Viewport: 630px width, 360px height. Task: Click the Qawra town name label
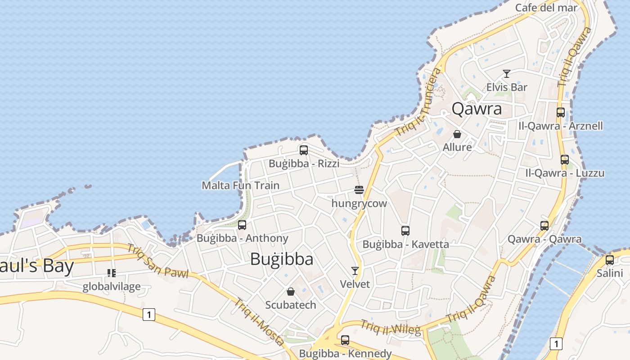click(477, 109)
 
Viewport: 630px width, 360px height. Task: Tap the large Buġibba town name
click(282, 259)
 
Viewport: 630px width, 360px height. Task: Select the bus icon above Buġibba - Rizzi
click(304, 150)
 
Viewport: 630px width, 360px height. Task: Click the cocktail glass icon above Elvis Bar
click(507, 74)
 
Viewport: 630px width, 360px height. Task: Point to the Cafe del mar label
click(546, 8)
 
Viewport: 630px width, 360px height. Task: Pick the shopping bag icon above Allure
click(457, 134)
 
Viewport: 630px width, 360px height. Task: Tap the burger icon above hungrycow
click(359, 190)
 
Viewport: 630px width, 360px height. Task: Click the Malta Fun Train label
click(240, 185)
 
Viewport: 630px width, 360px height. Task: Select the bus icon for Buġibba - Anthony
click(242, 225)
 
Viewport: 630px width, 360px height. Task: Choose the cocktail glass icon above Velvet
click(355, 271)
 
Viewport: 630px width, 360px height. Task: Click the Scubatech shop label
click(291, 305)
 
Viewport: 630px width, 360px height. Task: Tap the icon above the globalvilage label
click(111, 273)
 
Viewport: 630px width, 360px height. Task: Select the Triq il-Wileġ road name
click(391, 328)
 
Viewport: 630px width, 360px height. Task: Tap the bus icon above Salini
click(609, 260)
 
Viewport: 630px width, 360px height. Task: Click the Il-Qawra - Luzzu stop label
click(565, 173)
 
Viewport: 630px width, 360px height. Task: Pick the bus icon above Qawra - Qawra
click(544, 226)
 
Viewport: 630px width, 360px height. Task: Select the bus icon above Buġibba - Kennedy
click(345, 340)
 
